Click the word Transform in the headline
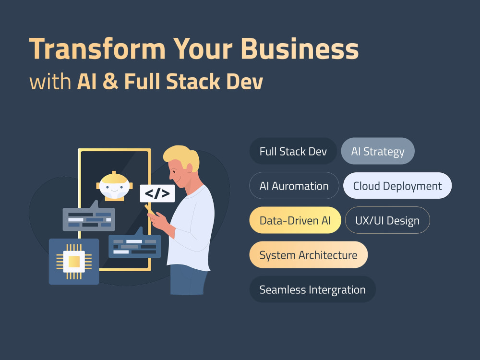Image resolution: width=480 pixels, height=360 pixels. (x=97, y=48)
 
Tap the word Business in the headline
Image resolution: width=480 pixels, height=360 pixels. (x=300, y=48)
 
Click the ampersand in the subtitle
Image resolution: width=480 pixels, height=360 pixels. (x=110, y=81)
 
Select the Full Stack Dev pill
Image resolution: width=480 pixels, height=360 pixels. (x=293, y=151)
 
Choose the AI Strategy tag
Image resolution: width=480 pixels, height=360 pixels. (x=378, y=151)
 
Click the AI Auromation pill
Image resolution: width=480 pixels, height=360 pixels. (x=294, y=186)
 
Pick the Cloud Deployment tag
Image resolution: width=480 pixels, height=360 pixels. (x=397, y=186)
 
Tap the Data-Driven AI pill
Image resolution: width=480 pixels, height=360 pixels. (x=295, y=220)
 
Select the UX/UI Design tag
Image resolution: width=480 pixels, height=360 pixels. (x=387, y=220)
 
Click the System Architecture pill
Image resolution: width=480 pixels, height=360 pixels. (x=308, y=255)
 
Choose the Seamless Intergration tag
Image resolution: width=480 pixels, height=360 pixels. (x=312, y=289)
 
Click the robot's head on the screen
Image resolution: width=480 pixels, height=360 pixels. (x=114, y=186)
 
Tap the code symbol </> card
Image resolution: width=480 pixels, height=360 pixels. (x=157, y=193)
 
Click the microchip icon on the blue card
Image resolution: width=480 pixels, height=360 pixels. (x=74, y=262)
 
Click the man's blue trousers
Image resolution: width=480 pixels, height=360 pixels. (x=188, y=280)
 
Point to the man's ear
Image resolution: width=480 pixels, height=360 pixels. (x=190, y=168)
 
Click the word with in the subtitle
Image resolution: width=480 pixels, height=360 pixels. (x=50, y=82)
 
